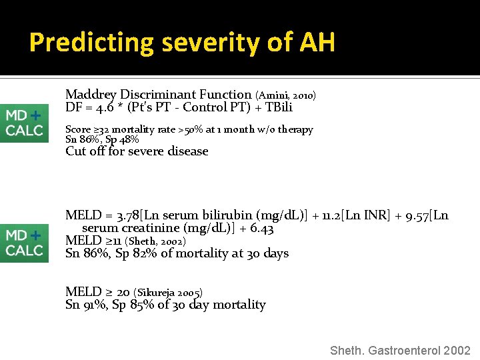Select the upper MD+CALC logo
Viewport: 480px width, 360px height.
24,123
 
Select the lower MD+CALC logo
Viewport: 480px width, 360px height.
24,243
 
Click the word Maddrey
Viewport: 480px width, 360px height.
90,95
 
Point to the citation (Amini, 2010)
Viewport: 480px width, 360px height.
285,96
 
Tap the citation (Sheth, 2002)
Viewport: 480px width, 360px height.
157,241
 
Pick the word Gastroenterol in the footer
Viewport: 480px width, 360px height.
403,351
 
